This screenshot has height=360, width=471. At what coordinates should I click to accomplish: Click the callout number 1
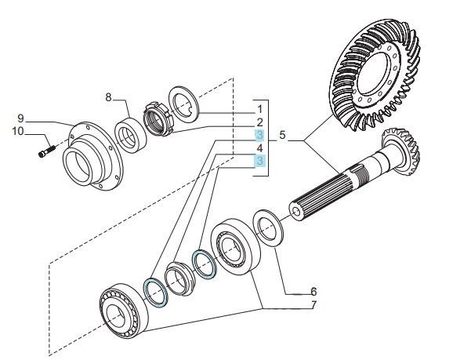(260, 109)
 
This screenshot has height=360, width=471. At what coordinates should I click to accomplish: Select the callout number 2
(260, 122)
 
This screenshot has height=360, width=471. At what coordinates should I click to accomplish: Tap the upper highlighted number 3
(260, 135)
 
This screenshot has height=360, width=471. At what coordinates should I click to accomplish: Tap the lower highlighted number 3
(260, 161)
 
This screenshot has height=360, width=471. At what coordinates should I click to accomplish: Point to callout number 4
(260, 148)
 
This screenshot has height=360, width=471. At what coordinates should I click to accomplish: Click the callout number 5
(282, 135)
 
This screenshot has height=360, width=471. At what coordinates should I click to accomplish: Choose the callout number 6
(313, 292)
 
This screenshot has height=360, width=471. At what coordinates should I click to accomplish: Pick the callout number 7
(313, 305)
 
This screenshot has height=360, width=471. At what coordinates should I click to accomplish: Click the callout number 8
(108, 97)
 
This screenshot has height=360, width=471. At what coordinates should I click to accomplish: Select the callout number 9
(20, 118)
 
